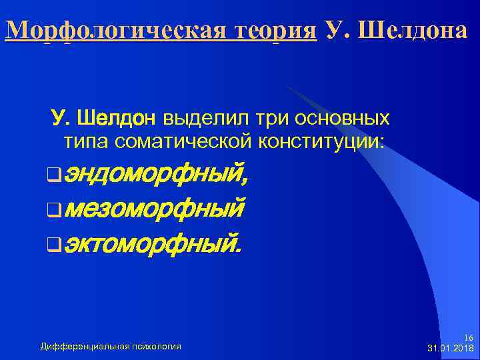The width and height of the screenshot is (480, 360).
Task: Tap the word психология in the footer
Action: [x=156, y=346]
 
